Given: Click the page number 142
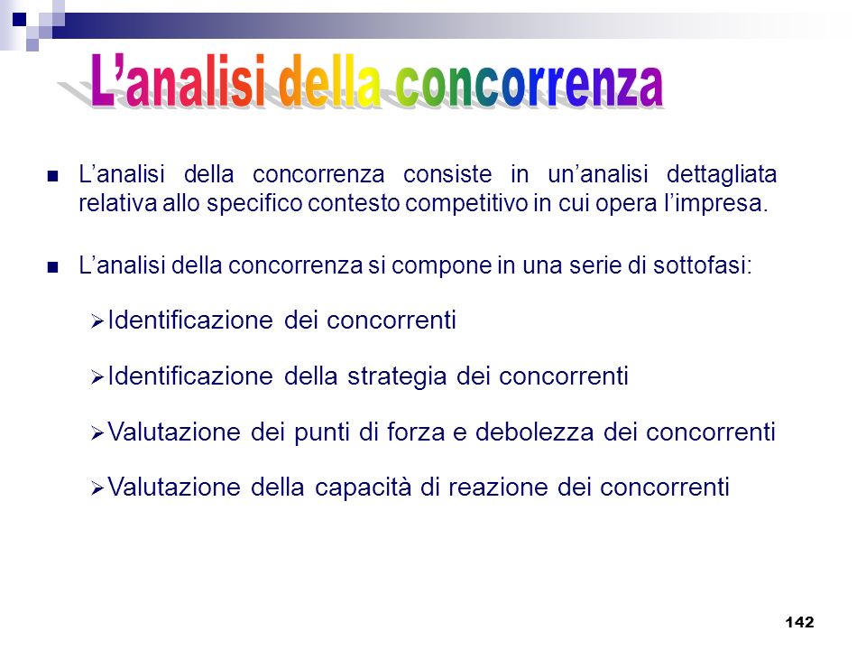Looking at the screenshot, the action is click(799, 622).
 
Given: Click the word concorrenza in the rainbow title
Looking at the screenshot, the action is click(529, 85).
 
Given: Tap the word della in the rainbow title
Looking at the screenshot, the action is click(330, 81).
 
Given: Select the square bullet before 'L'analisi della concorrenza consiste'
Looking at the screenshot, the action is click(53, 176).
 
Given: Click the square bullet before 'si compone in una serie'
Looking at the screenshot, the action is click(53, 267).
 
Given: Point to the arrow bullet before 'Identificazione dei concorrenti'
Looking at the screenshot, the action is click(97, 321).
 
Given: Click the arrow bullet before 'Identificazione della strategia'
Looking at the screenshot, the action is click(97, 377).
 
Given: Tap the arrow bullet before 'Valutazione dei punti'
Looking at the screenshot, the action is click(97, 432).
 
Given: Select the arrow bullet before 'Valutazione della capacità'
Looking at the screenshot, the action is click(97, 488).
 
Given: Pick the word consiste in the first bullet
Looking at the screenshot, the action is click(447, 174).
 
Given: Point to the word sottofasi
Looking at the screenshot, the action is click(703, 265).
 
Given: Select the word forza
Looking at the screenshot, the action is click(416, 432).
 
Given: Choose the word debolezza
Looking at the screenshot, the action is click(534, 432).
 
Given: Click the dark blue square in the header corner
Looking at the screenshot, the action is click(19, 20).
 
